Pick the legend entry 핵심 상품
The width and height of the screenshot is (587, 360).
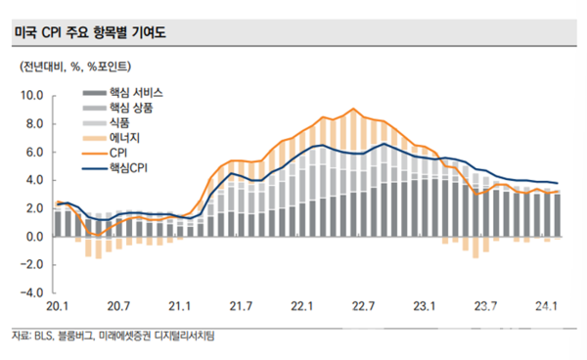click(130, 108)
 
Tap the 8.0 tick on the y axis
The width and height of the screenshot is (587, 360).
click(34, 124)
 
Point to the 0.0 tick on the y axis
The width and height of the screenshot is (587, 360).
click(34, 237)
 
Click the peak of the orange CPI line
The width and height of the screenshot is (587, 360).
click(351, 109)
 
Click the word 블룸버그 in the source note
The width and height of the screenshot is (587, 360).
click(76, 336)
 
